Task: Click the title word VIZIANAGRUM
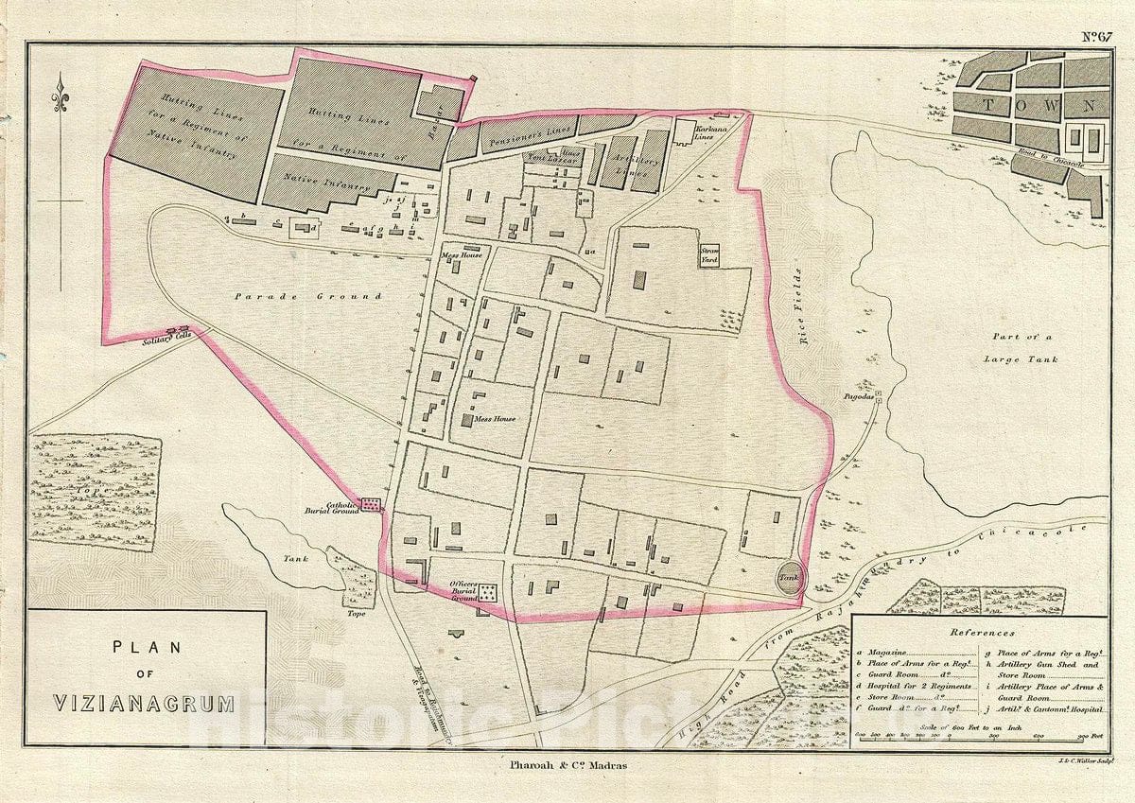[144, 704]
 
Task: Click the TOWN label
[1037, 106]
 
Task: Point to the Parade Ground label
[309, 296]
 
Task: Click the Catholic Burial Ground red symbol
[372, 505]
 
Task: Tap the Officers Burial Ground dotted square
[488, 593]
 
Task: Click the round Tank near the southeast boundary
[790, 576]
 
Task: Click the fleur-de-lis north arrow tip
[61, 78]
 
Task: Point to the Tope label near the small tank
[356, 613]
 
